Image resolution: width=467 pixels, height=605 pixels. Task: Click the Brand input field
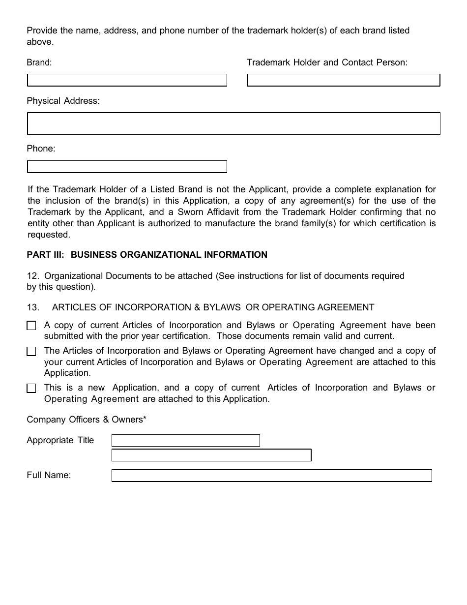(127, 80)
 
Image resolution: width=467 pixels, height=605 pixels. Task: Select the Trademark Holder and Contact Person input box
(343, 80)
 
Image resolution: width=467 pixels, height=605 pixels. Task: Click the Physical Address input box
(233, 123)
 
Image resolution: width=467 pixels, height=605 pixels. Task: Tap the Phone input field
(127, 167)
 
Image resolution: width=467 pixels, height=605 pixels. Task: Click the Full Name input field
(271, 476)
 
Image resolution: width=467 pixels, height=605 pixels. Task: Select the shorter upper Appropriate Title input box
(186, 440)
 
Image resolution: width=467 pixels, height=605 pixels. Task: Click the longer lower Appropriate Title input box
(211, 455)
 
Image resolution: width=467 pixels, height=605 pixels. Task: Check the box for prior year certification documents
(31, 326)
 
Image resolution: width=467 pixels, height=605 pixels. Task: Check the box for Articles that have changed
(31, 351)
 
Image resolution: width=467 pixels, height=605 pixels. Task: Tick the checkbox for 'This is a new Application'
(31, 388)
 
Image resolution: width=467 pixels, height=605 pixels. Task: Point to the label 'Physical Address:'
(63, 101)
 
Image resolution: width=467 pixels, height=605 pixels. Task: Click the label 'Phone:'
(41, 149)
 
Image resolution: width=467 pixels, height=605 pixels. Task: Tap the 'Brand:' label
(39, 62)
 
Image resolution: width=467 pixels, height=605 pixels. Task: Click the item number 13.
(32, 307)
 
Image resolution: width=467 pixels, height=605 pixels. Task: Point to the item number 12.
(32, 276)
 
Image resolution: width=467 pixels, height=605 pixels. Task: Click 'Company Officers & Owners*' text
(87, 420)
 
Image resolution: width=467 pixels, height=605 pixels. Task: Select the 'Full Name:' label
(49, 475)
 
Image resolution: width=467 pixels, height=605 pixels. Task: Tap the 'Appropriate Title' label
(60, 440)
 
